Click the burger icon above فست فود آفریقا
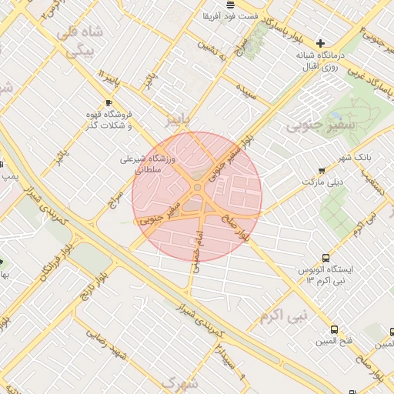coord(230,5)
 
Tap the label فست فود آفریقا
coord(229,16)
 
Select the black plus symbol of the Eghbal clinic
coord(321,43)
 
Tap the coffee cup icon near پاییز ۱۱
coord(109,102)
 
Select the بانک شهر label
coord(358,156)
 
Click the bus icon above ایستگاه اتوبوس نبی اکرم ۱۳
coord(326,259)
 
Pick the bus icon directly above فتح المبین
coord(333,329)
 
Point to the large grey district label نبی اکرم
coord(282,316)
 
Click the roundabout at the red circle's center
coord(198,188)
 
